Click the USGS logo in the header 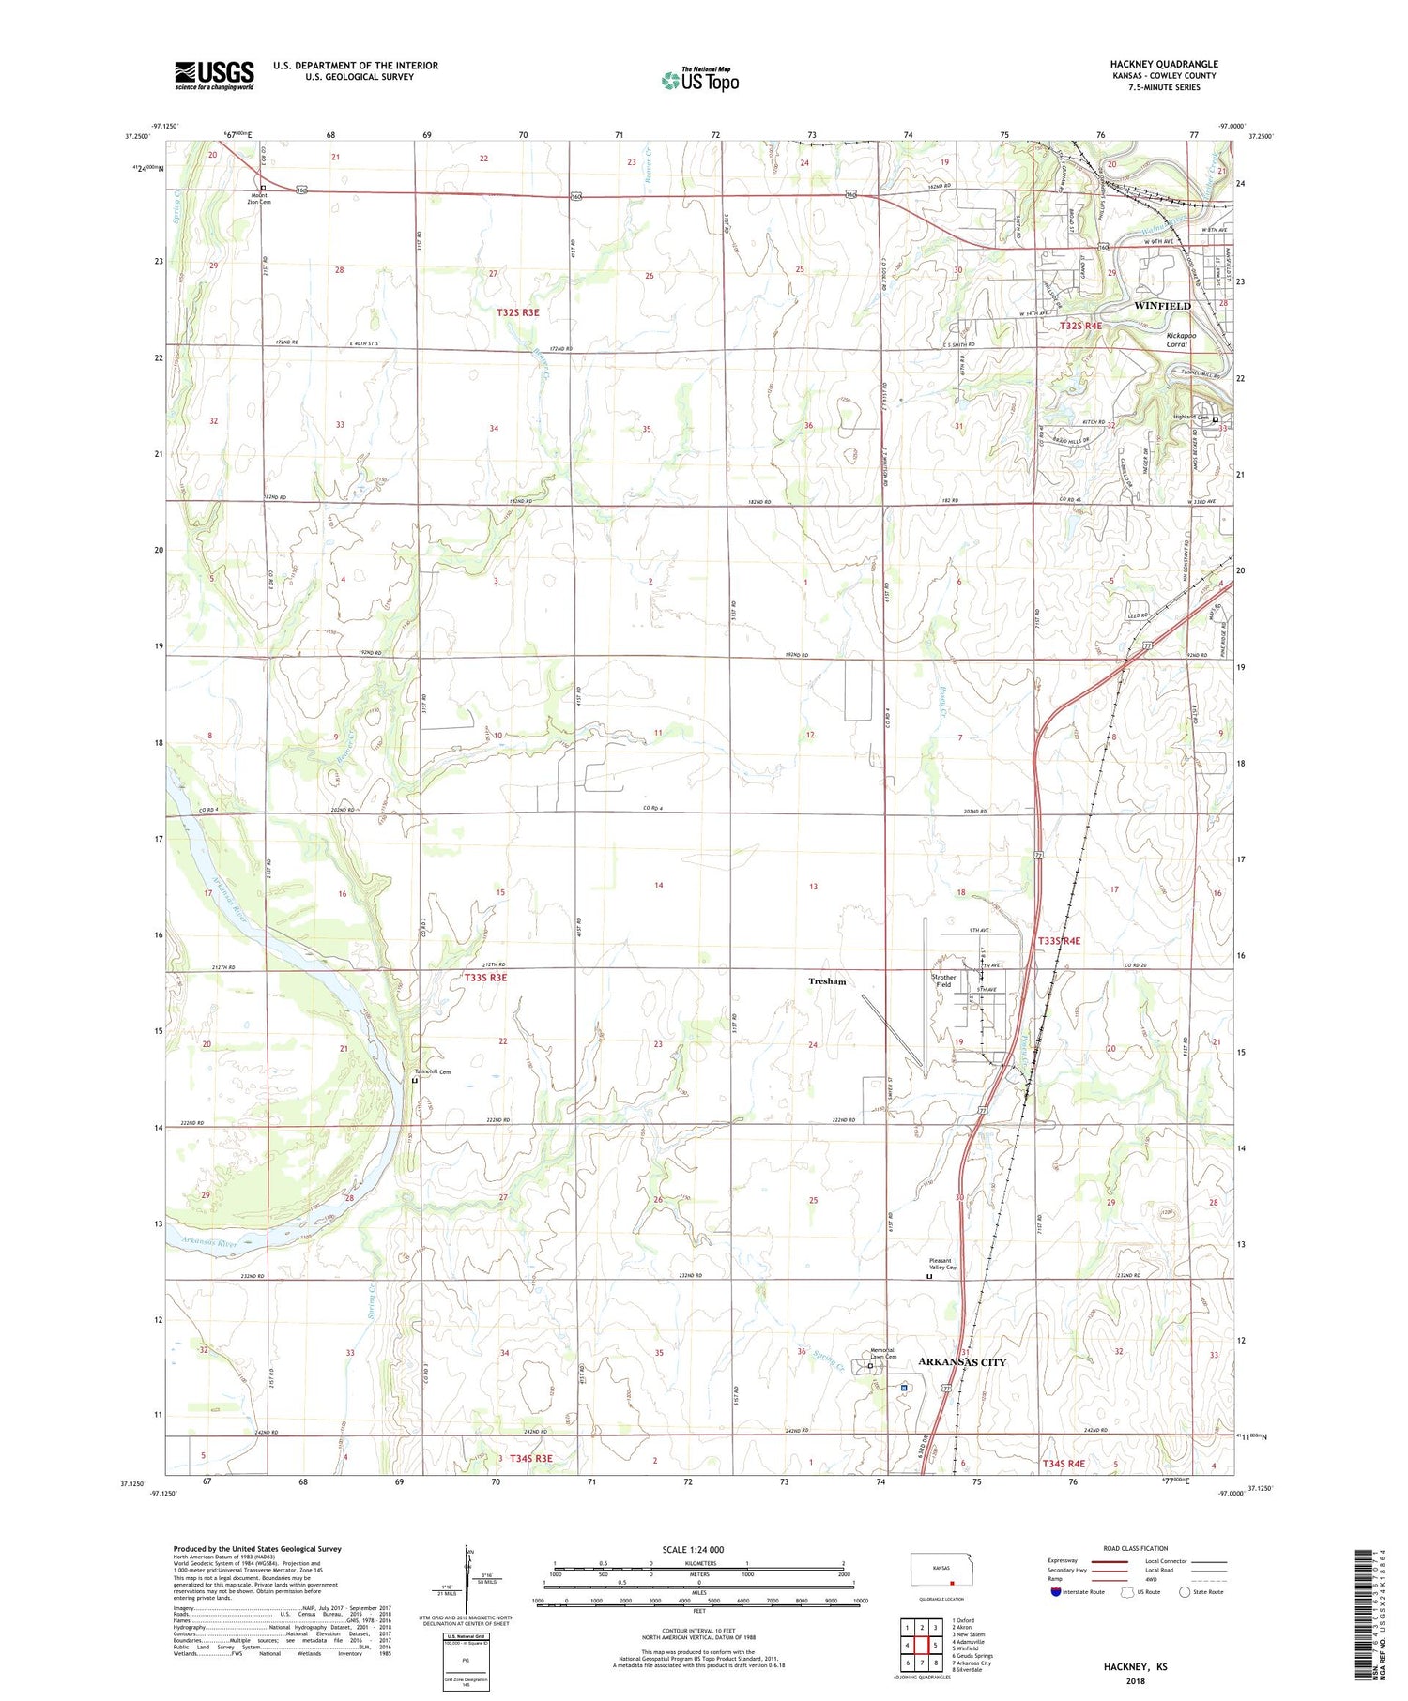(214, 75)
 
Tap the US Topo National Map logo (699, 80)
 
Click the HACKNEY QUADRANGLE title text (1163, 64)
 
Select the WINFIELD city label (1162, 306)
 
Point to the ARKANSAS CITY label (961, 1361)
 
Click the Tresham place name (827, 981)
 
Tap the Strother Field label (943, 980)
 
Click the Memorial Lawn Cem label (883, 1353)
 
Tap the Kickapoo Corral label (1176, 340)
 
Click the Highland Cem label (1189, 417)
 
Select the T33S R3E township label (485, 978)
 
